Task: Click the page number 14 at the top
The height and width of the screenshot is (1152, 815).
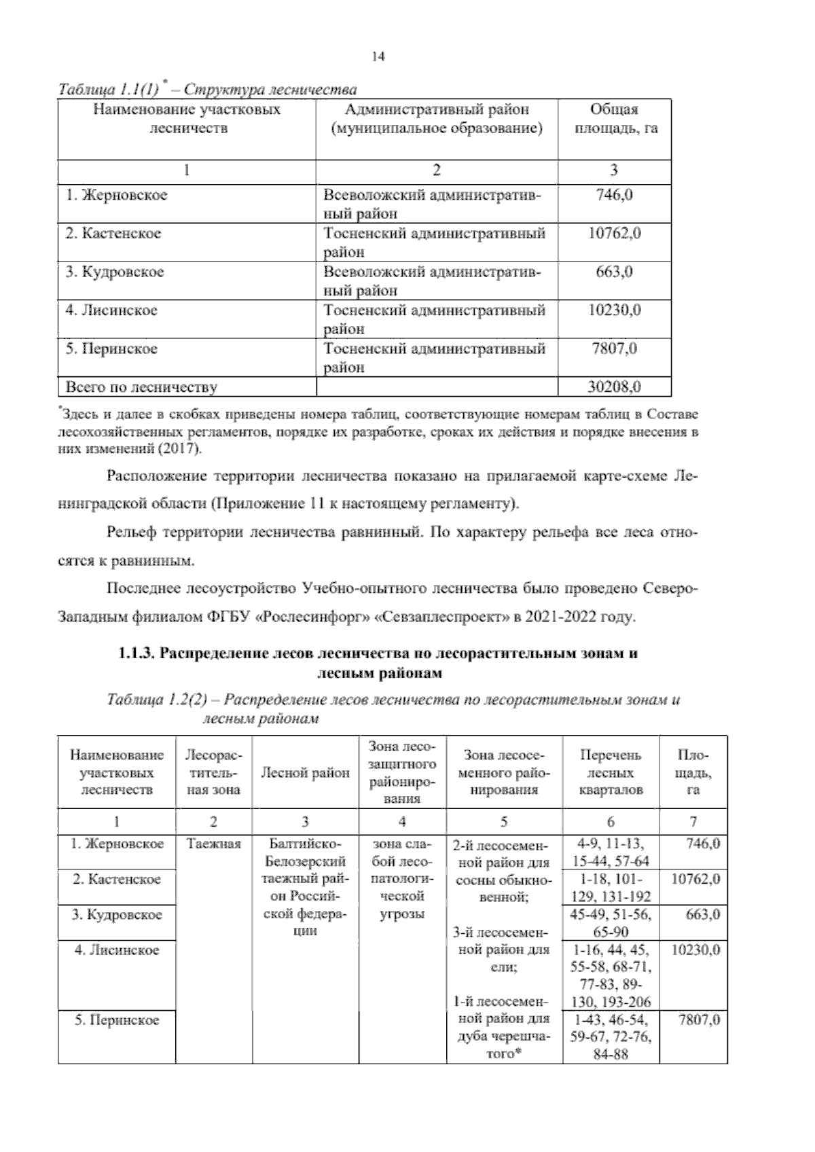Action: (x=378, y=57)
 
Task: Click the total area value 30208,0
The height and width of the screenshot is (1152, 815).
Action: (x=614, y=387)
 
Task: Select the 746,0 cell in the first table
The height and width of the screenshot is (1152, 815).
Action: (x=614, y=196)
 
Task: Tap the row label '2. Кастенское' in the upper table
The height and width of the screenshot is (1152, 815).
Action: (x=113, y=234)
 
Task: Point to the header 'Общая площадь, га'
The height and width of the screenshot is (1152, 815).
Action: (x=614, y=119)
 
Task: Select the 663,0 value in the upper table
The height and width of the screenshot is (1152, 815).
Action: (x=614, y=272)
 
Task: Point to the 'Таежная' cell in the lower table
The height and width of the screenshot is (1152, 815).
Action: (x=213, y=844)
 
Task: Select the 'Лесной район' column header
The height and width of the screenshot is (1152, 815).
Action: (x=305, y=772)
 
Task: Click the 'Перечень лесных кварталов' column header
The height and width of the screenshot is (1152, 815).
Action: (x=610, y=772)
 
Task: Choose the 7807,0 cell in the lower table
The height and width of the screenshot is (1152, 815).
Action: (x=699, y=1020)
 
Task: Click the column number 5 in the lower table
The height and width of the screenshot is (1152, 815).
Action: (x=503, y=822)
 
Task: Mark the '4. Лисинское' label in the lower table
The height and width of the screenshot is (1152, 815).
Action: (x=117, y=950)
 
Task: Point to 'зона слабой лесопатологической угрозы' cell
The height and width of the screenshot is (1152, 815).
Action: (x=401, y=879)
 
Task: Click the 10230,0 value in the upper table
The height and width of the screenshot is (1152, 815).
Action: (x=614, y=311)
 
